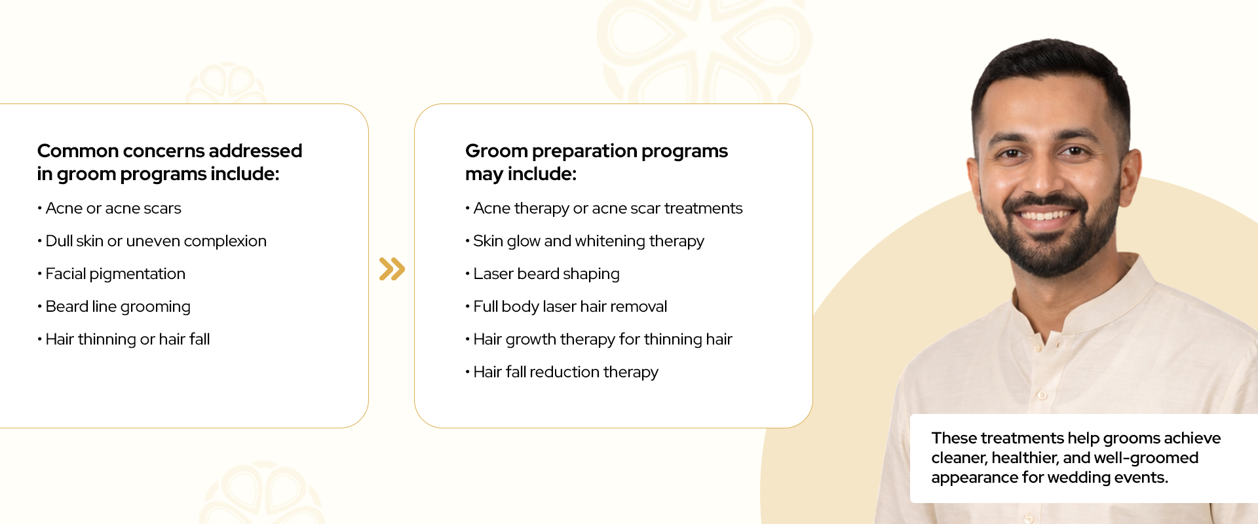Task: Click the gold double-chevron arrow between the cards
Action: [x=392, y=269]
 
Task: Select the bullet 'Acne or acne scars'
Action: [x=109, y=208]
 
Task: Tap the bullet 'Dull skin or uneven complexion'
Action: [x=152, y=241]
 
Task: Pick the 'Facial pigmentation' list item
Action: [x=111, y=274]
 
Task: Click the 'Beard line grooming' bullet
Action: [x=114, y=307]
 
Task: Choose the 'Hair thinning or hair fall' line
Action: [x=124, y=339]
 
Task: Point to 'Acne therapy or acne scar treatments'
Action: [x=604, y=208]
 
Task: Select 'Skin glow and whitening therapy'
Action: [x=585, y=241]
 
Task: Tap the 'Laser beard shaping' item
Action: [x=543, y=274]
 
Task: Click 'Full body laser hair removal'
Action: [x=566, y=307]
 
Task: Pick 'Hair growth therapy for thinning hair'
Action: [x=599, y=339]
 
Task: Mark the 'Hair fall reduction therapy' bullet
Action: [x=562, y=372]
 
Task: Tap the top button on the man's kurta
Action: [x=1041, y=396]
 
